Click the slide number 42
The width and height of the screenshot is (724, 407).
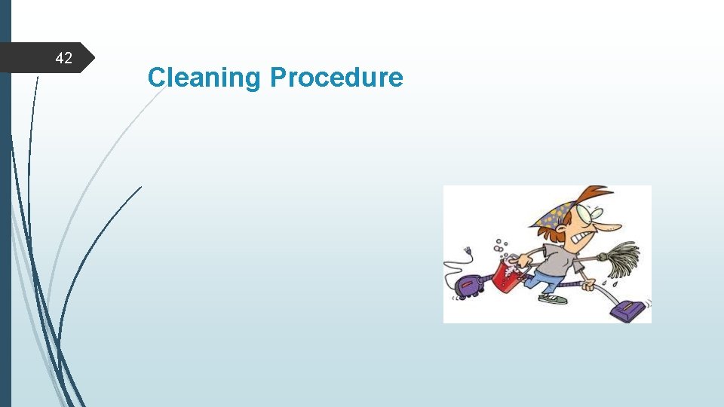coord(64,58)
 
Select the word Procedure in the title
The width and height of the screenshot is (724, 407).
coord(336,77)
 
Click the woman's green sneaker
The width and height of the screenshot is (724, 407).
coord(554,298)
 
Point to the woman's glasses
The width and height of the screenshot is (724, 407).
coord(594,214)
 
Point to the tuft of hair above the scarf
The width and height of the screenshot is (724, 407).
coord(596,193)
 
